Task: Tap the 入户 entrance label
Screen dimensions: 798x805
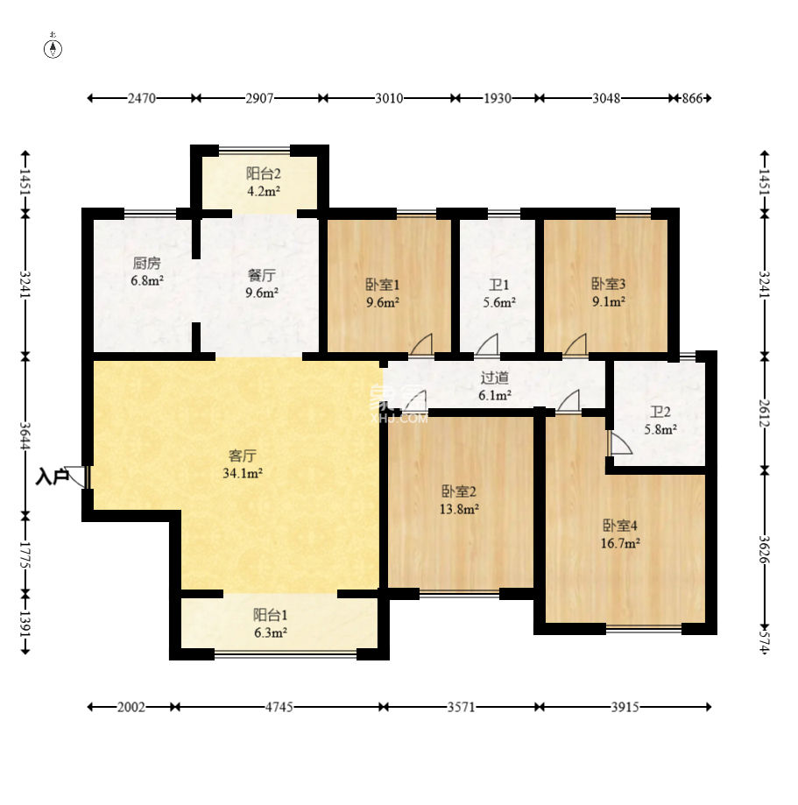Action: coord(52,477)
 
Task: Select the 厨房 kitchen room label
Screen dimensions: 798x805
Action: coord(147,264)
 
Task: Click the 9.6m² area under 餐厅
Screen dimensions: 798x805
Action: coord(261,293)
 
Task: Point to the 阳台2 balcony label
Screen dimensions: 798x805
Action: coord(263,173)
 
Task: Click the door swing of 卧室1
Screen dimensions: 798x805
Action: coord(422,343)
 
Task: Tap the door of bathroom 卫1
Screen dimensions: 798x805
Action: coord(487,343)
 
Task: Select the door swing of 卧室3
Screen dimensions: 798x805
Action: coord(576,343)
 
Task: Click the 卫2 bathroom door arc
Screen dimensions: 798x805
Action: coord(621,443)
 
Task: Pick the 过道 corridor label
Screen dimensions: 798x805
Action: coord(495,378)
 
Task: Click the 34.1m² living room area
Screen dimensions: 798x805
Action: coord(243,473)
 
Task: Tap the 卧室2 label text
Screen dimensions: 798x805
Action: coord(459,491)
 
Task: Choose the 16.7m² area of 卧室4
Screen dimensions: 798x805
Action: coord(620,543)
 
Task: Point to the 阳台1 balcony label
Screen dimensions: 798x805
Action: coord(270,615)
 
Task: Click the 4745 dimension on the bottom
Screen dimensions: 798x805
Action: coord(279,707)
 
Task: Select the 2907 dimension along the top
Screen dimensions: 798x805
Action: coord(259,98)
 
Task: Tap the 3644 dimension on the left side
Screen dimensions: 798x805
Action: coord(25,434)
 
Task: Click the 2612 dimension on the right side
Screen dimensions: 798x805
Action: coord(765,413)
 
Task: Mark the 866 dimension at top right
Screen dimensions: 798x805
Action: coord(692,98)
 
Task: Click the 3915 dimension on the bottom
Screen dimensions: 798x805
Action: coord(625,707)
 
